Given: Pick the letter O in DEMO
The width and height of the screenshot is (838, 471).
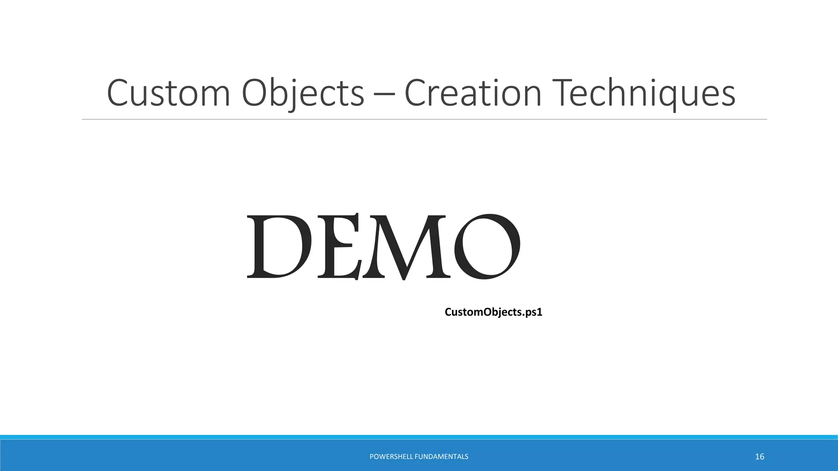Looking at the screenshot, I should point(487,246).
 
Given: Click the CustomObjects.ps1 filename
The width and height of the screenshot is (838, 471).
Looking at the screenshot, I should point(493,312).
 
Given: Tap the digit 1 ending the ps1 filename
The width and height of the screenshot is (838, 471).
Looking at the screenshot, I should point(539,312).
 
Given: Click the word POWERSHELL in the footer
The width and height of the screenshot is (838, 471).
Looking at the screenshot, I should point(391,457).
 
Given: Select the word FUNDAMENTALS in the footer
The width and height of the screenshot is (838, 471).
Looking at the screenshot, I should point(442,457).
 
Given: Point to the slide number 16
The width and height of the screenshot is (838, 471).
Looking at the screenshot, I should point(759,457).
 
